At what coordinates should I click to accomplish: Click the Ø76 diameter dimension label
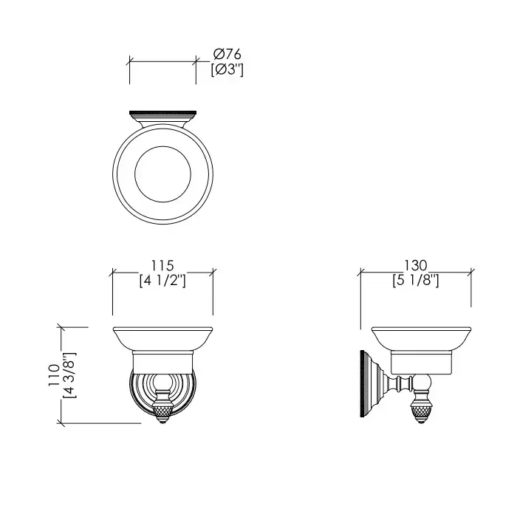point(227,54)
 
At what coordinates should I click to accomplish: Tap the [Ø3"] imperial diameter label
point(227,69)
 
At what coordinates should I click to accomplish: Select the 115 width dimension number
point(162,265)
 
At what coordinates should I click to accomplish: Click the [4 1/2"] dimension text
point(162,281)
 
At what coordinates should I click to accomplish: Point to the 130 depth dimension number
point(416,265)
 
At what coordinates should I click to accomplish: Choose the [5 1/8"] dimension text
point(416,281)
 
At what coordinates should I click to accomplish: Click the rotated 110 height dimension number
point(54,375)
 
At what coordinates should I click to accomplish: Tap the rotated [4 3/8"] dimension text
point(69,375)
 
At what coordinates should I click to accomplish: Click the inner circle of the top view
point(163,146)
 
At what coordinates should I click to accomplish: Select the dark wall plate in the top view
point(163,114)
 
